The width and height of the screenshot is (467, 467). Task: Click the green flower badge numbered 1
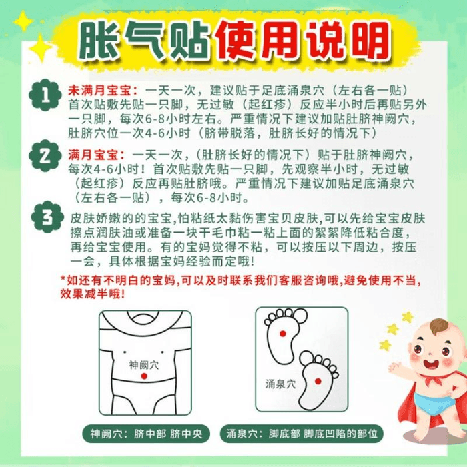[45, 95]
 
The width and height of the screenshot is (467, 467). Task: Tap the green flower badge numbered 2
[45, 155]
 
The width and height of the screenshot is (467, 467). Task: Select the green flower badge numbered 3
[47, 217]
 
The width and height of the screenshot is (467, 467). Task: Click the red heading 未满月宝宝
[103, 91]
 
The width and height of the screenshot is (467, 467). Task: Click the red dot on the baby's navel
[144, 376]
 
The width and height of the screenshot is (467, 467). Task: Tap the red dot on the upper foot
[283, 334]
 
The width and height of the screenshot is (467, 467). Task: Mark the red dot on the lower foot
[318, 381]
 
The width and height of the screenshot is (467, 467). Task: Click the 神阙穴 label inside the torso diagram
[144, 365]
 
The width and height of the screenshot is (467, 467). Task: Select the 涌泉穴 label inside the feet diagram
[280, 384]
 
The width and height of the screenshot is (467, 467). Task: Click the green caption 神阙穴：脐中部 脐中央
[146, 434]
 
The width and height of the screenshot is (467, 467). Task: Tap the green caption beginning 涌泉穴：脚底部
[302, 434]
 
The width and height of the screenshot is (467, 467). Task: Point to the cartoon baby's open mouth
[431, 364]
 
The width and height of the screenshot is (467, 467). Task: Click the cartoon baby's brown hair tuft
[440, 326]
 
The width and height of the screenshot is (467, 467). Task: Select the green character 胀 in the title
[99, 41]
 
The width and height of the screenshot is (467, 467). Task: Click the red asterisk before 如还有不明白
[63, 278]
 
